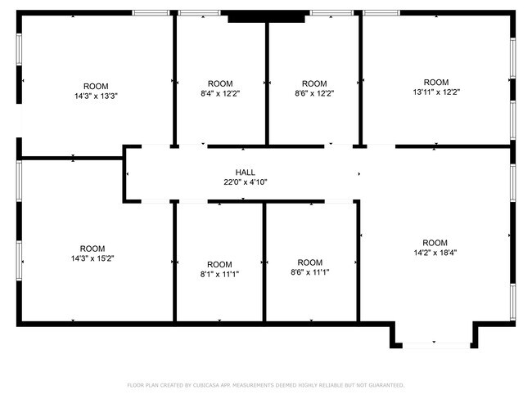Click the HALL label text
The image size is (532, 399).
point(246,173)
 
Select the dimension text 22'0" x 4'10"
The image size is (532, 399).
point(246,182)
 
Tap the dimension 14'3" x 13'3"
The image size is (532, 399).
point(96,96)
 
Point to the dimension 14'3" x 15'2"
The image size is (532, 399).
point(92,258)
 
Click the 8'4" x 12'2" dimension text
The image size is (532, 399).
point(220,93)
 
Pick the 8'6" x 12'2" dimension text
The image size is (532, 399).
point(314,93)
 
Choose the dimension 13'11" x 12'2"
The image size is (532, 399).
point(436,92)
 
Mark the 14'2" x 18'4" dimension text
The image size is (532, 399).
point(435,253)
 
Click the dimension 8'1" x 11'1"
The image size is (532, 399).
point(219,274)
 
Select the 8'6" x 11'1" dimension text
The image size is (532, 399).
point(310,272)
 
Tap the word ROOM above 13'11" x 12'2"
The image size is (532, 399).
point(436,83)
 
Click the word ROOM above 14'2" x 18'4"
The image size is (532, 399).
point(435,243)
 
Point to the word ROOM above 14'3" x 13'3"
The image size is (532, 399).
point(96,86)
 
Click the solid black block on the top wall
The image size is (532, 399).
point(266,16)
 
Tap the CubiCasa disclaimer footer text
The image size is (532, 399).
point(266,385)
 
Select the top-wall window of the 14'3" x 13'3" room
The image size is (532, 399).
point(151,13)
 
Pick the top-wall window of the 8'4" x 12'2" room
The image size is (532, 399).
point(200,13)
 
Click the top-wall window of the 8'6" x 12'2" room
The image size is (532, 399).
point(331,13)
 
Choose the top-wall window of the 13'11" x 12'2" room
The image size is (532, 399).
point(381,13)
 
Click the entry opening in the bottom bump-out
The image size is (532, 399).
point(436,345)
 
